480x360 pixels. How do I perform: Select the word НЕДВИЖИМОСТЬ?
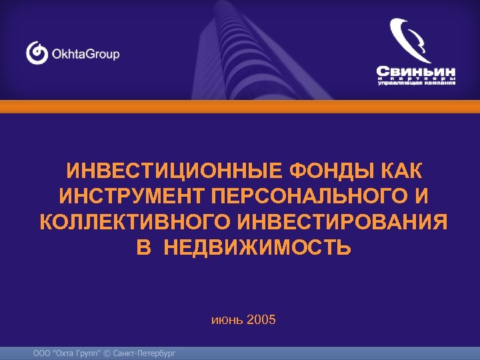[x=257, y=248]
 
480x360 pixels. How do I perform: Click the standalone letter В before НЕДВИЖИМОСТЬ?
[x=143, y=248]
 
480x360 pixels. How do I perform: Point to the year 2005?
[x=261, y=320]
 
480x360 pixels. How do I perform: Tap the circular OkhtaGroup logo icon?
[x=37, y=53]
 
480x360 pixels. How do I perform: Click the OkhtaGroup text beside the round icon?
[x=86, y=53]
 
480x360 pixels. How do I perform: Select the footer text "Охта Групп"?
[x=75, y=353]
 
